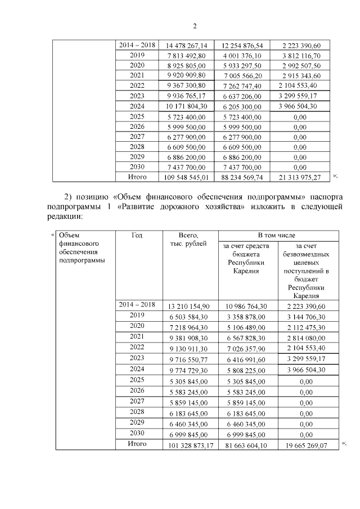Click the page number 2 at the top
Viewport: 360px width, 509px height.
pos(195,26)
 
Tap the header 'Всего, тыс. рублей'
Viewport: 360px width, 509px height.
pos(188,239)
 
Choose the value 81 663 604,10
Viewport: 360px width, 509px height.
pos(246,445)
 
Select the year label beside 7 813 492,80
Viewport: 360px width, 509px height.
pos(137,55)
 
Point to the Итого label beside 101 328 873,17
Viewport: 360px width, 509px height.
pos(137,444)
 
